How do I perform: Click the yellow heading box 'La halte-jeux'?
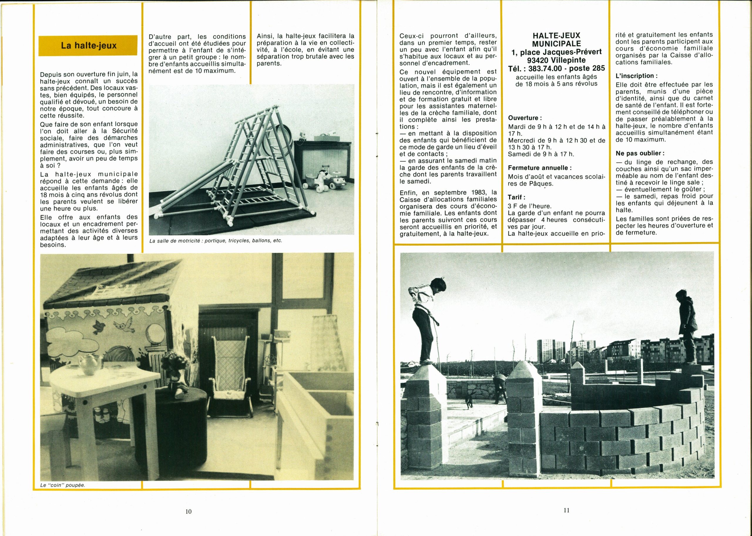pyautogui.click(x=88, y=46)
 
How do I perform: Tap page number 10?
pyautogui.click(x=188, y=511)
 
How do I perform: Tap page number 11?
pyautogui.click(x=566, y=510)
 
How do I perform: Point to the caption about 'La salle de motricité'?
pyautogui.click(x=216, y=241)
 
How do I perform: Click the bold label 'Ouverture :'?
pyautogui.click(x=525, y=118)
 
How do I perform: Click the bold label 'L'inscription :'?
pyautogui.click(x=634, y=75)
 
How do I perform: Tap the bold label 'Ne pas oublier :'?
pyautogui.click(x=640, y=153)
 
